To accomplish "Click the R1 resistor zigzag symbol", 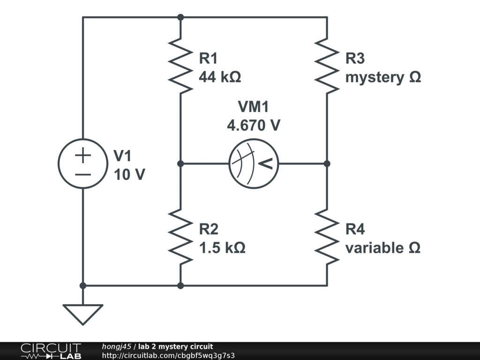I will tap(180, 65).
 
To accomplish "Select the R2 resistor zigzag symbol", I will tap(180, 236).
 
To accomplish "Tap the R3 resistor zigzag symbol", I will tap(327, 65).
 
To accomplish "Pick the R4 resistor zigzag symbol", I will tap(327, 236).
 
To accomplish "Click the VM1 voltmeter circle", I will tap(254, 164).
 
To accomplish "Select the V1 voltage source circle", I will tap(83, 164).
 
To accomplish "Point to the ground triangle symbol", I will tap(83, 313).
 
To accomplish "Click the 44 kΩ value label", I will tap(220, 77).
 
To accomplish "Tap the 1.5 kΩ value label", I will tap(222, 247).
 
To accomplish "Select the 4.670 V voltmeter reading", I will tap(254, 125).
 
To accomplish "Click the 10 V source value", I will tap(129, 174).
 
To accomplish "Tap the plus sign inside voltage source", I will tap(83, 155).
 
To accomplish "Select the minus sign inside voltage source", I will tap(83, 174).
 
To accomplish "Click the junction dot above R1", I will tap(180, 17).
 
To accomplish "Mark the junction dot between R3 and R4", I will tap(327, 164).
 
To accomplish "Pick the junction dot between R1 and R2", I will tap(180, 164).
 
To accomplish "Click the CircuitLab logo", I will tap(51, 351).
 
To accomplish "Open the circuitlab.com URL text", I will tap(168, 355).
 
